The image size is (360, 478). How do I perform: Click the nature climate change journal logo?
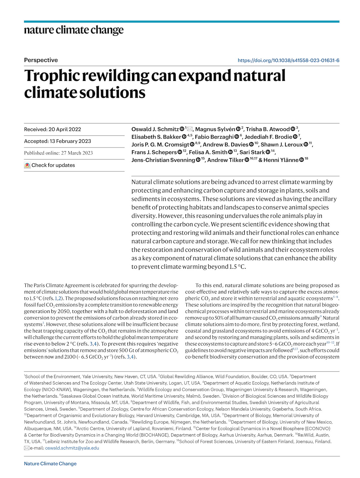tap(74, 30)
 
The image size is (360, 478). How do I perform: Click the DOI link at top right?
tap(288, 60)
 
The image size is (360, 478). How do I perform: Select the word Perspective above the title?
tap(41, 60)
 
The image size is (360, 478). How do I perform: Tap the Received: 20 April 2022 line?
tap(52, 129)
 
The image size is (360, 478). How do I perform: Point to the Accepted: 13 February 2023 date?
tap(57, 141)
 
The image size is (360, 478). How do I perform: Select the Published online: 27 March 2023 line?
tap(58, 153)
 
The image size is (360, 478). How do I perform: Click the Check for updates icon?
tap(27, 165)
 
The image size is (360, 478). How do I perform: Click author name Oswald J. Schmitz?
tap(155, 129)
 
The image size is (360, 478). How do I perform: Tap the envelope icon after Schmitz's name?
tap(190, 129)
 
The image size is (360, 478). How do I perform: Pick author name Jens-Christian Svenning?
tap(163, 160)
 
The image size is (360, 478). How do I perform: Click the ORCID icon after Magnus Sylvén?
tap(238, 129)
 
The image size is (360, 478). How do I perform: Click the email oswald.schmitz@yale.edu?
tap(72, 448)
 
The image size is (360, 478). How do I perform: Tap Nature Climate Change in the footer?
tap(50, 464)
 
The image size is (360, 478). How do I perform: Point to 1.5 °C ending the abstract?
tap(237, 267)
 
